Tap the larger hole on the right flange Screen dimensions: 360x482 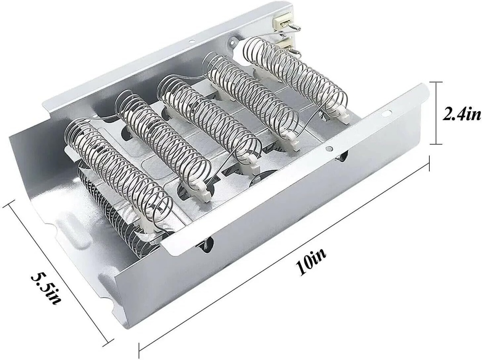386,113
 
